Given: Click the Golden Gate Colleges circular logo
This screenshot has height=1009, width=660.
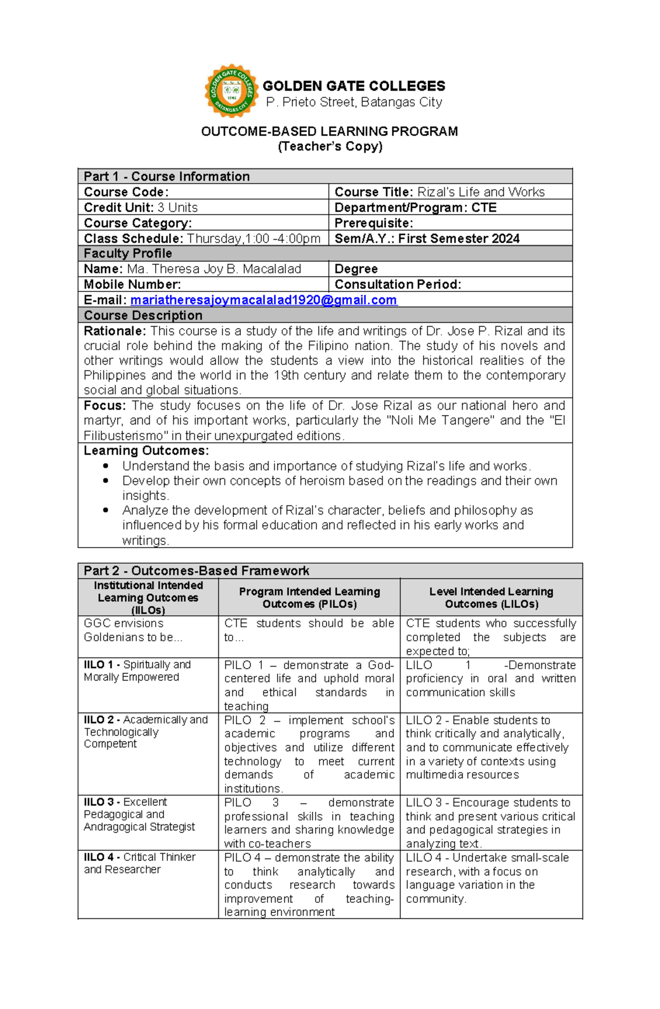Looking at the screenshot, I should pyautogui.click(x=232, y=91).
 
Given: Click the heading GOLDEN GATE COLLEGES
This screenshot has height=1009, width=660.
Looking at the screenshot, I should pyautogui.click(x=354, y=86).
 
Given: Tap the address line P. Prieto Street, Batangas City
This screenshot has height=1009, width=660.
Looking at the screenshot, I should pyautogui.click(x=354, y=102).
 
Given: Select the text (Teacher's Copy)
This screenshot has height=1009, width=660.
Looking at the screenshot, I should pyautogui.click(x=330, y=146).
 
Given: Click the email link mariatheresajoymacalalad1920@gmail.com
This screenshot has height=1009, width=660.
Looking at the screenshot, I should pyautogui.click(x=263, y=300).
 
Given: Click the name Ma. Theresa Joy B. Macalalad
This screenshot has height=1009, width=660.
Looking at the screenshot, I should pyautogui.click(x=214, y=269).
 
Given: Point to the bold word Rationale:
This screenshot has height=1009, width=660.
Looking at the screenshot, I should pyautogui.click(x=114, y=331).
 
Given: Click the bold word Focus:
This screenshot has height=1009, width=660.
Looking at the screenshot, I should pyautogui.click(x=105, y=406).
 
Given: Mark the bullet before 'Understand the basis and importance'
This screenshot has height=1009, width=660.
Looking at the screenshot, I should pyautogui.click(x=106, y=466).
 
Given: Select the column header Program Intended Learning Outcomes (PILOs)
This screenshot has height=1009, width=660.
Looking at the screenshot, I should pyautogui.click(x=309, y=598).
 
